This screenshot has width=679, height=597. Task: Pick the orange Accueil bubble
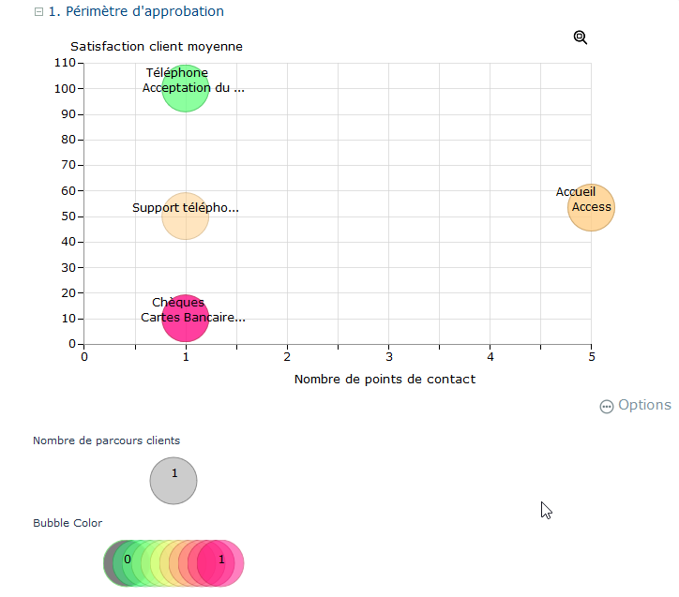pos(592,207)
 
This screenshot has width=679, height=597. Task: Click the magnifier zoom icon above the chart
pos(581,37)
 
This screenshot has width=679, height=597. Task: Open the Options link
pos(636,405)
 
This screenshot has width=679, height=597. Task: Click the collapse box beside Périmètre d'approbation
pos(38,12)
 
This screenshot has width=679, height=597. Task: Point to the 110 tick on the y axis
pos(65,63)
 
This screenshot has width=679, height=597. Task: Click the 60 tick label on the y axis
pos(68,190)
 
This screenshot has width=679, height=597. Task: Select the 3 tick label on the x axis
pos(388,357)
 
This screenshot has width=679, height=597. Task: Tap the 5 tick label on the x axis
pos(592,357)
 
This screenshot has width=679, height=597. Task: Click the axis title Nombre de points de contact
pos(385,380)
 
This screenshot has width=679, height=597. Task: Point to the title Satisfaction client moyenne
pos(157,46)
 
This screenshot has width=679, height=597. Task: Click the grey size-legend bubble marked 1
pos(174,481)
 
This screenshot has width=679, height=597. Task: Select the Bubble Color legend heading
pos(68,523)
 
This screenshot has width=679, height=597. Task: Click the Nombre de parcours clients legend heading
pos(106,440)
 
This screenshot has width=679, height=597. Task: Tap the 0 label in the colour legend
pos(127,560)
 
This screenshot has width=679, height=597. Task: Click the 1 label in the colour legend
pos(221,560)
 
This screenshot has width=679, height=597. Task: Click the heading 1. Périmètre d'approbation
pos(136,12)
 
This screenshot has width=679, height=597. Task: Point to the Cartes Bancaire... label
pos(193,318)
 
